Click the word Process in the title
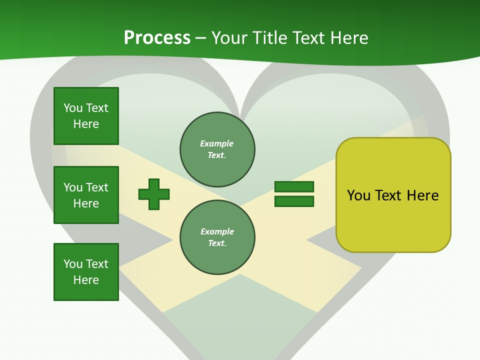tap(157, 38)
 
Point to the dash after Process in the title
tap(200, 39)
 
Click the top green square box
tap(86, 115)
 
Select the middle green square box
tap(86, 195)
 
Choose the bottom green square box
tap(86, 272)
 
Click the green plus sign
tap(154, 194)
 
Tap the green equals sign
tap(294, 194)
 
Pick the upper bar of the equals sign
tap(294, 186)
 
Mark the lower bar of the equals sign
tap(294, 201)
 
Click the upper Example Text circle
tap(217, 149)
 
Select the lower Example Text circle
tap(217, 237)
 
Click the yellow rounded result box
tap(393, 195)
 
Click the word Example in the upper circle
tap(216, 143)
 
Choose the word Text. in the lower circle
tap(217, 243)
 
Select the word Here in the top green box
tap(86, 124)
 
